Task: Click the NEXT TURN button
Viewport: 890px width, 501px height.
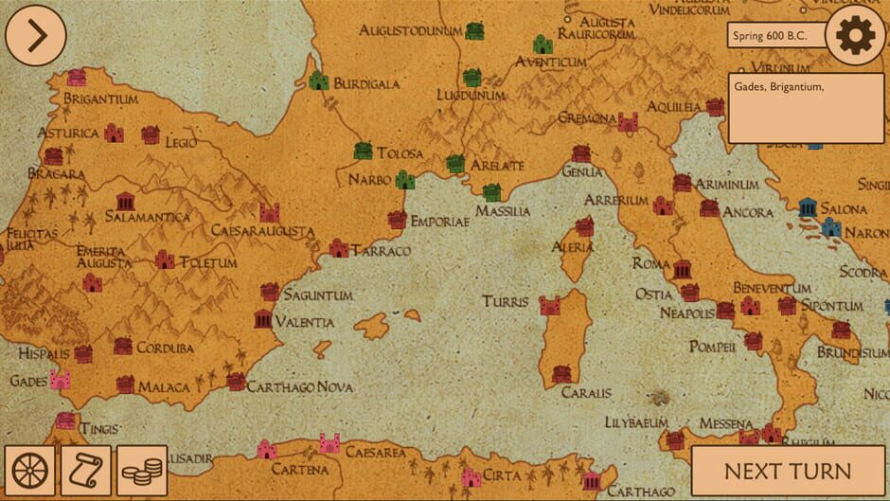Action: [788, 471]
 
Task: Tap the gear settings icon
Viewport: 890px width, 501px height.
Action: [855, 35]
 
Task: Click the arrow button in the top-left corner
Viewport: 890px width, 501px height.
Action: [36, 35]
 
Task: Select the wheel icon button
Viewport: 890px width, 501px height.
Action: [29, 471]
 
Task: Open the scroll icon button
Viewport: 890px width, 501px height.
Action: [86, 471]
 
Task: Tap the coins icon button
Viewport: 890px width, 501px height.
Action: [142, 471]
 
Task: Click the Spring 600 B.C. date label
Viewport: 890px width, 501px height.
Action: [774, 36]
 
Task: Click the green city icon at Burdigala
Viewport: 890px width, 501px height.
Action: [319, 81]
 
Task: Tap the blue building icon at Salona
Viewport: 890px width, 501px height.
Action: [808, 207]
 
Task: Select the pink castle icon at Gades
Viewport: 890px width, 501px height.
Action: [61, 380]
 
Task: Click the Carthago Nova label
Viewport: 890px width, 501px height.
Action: [300, 387]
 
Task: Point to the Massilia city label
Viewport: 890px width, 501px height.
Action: [503, 211]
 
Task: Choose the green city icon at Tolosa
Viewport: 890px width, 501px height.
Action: [363, 151]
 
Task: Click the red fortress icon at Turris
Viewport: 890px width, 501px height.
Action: [550, 305]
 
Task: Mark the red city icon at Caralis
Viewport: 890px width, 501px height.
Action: [561, 373]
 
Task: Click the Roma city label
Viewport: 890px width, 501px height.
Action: [650, 263]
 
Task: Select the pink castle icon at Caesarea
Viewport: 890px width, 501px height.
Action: [329, 442]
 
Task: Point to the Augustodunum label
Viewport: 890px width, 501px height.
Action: [410, 31]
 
